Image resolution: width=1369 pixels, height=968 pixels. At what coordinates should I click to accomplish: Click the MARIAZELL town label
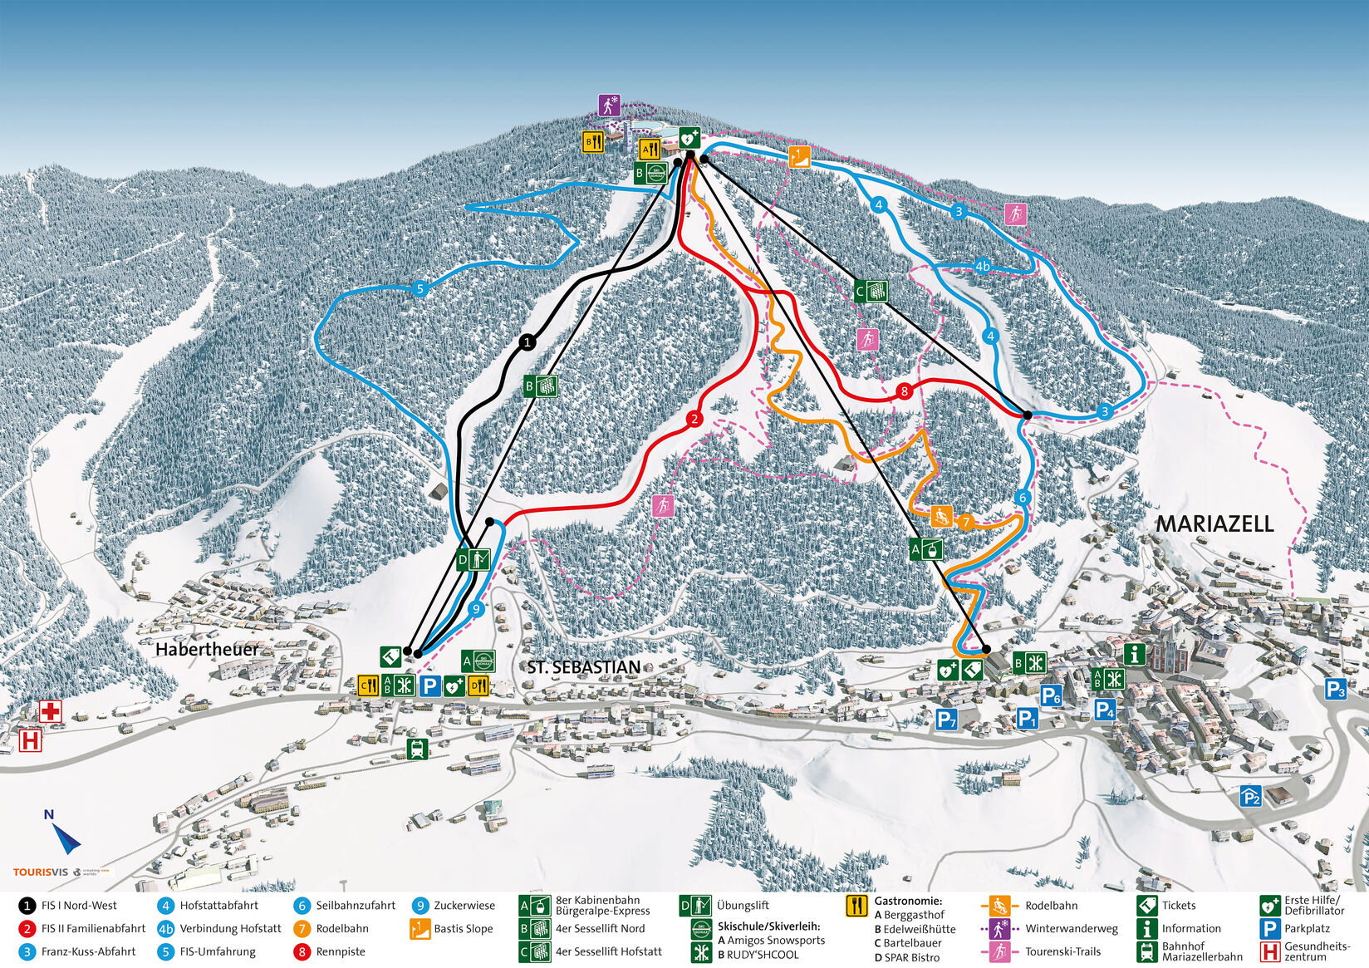1214,523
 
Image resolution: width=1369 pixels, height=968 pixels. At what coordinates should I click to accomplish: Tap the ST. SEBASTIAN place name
583,667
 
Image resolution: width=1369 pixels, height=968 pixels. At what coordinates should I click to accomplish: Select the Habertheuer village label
207,649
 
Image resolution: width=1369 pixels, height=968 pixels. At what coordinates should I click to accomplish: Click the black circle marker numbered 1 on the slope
527,342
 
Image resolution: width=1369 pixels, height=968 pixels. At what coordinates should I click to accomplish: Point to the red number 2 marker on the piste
694,420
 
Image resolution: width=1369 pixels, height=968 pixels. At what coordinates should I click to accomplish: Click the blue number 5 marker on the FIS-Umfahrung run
420,289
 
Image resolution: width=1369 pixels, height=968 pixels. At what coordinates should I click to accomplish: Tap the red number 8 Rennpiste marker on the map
905,391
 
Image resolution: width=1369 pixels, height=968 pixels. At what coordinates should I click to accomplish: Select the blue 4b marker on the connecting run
983,267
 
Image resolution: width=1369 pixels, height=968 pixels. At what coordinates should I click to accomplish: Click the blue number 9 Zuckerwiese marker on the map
475,609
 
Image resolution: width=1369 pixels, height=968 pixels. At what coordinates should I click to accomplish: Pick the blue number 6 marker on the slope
1022,498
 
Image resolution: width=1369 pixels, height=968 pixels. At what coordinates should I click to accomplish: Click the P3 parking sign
1335,689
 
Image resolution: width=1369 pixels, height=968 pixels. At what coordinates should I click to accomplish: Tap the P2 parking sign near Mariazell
1250,796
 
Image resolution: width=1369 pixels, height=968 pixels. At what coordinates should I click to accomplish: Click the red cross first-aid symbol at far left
51,710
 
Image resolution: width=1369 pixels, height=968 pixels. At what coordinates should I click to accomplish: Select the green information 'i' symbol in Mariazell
1135,653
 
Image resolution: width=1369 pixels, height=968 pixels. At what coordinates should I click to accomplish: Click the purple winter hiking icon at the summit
610,106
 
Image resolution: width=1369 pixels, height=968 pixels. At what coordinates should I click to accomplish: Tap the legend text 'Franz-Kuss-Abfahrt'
88,951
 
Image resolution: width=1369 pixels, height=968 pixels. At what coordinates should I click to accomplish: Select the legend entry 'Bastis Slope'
464,929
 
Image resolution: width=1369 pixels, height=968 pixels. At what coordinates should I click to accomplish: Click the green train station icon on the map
417,749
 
